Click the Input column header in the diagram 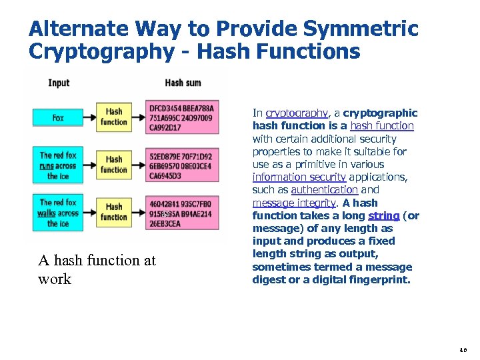(59, 83)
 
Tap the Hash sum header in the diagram (183, 83)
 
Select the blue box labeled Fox (59, 117)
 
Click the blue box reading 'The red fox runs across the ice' (59, 166)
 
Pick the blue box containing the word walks (59, 213)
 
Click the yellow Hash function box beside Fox (114, 117)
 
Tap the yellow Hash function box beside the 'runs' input (114, 165)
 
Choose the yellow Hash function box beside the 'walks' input (114, 212)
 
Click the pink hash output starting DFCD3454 (181, 118)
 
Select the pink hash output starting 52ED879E (181, 165)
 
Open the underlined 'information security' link (299, 177)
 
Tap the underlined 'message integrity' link (295, 203)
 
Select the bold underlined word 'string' (383, 215)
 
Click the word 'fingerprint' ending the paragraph (382, 280)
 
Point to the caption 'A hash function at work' (97, 269)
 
